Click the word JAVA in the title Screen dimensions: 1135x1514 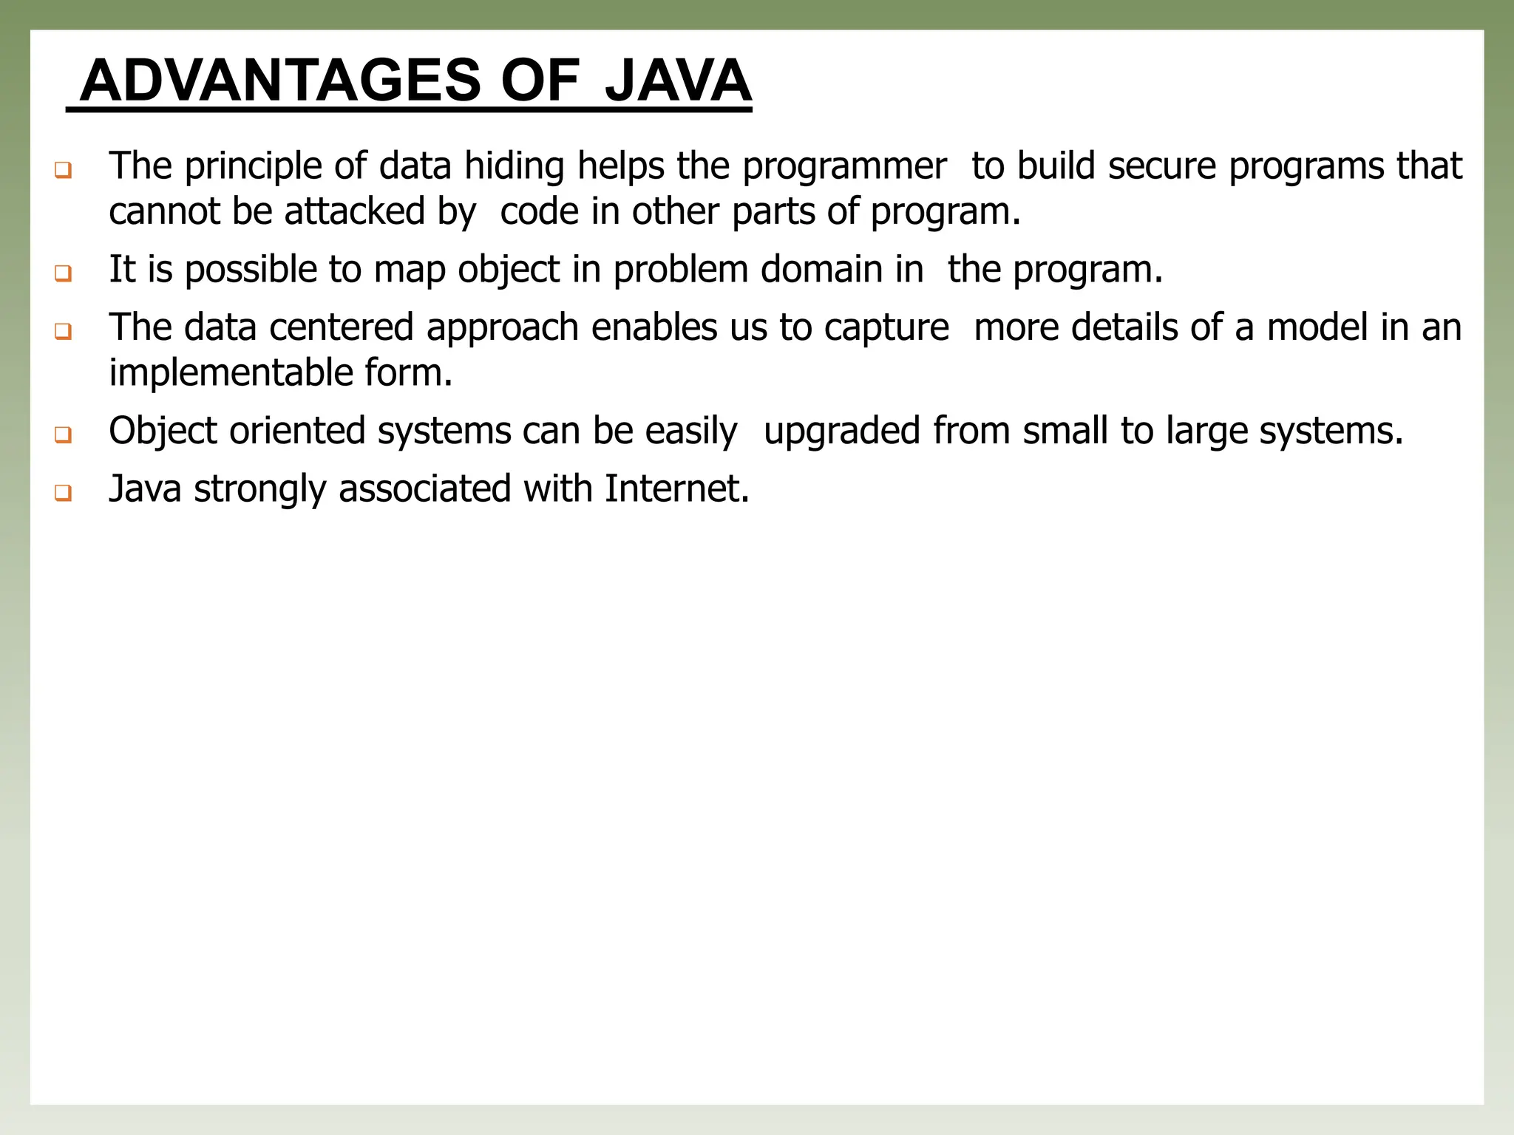(677, 81)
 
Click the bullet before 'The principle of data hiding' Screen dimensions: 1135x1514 (63, 171)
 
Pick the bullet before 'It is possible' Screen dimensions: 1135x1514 (63, 273)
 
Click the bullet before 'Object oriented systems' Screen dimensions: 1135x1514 (63, 434)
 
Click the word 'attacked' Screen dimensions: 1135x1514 (354, 211)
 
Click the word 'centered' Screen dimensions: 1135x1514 (341, 327)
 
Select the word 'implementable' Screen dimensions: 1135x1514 (230, 373)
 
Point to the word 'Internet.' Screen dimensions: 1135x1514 (676, 488)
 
